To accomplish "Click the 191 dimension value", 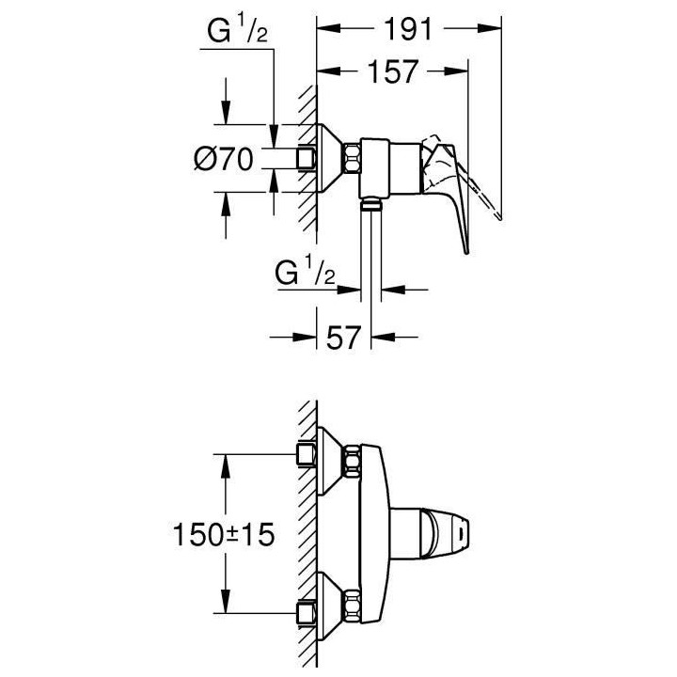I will (x=406, y=29).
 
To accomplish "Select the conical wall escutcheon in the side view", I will (x=328, y=157).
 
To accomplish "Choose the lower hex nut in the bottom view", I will (x=354, y=601).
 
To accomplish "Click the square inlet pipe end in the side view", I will (x=305, y=157).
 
